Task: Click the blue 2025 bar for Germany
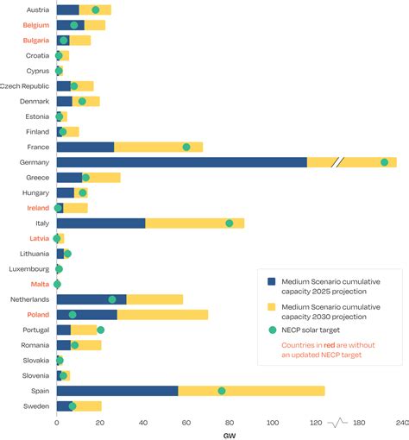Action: (181, 162)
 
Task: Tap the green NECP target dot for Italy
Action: (230, 223)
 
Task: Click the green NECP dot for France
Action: (186, 148)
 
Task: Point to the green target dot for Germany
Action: (385, 162)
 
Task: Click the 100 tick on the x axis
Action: (274, 422)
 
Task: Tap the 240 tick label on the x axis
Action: (402, 422)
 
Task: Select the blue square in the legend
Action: (271, 281)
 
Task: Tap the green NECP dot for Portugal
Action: (100, 330)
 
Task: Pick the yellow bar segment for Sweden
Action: (88, 405)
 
